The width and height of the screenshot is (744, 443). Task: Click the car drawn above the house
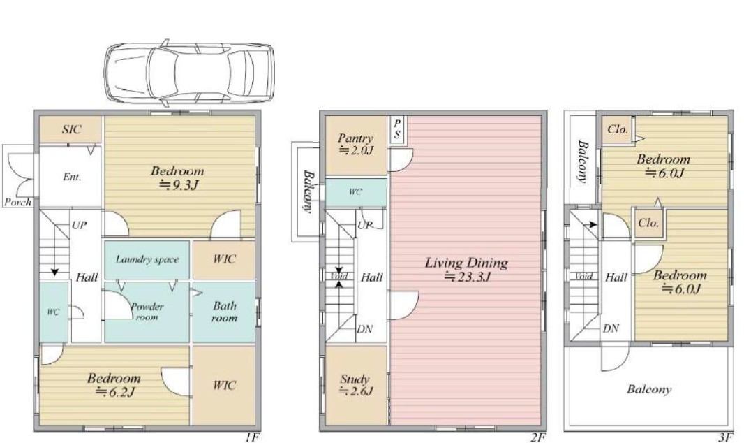point(189,73)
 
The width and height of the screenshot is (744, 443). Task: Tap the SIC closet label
point(72,129)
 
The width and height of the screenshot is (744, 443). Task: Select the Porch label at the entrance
point(18,202)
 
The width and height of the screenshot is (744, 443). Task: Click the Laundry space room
point(147,260)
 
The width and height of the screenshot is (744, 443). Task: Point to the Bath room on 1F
point(224,312)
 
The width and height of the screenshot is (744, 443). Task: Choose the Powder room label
point(147,312)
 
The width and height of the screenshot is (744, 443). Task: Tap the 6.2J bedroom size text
point(116,392)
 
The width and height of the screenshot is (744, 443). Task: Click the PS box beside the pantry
point(396,130)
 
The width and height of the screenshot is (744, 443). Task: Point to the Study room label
point(355,379)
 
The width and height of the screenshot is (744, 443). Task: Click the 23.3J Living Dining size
point(467,276)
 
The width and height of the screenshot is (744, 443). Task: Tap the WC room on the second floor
point(356,192)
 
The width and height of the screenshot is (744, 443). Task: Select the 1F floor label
point(253,437)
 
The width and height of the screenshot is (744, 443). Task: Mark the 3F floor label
point(725,437)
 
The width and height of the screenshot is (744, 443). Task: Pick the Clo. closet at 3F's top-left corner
point(618,130)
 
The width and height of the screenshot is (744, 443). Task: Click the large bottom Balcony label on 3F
point(648,389)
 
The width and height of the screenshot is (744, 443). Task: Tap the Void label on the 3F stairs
point(583,276)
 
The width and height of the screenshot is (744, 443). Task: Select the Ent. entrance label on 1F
point(72,177)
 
